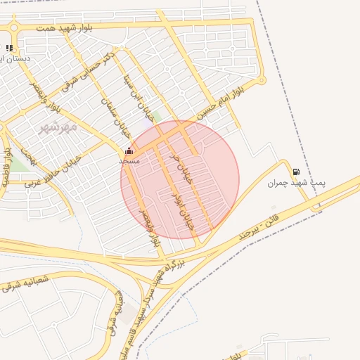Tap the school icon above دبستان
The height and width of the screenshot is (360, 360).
(x=9, y=48)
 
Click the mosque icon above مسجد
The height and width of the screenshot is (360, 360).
(x=129, y=151)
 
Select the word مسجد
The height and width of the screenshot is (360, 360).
(x=129, y=161)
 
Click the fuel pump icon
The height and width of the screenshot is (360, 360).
(x=295, y=172)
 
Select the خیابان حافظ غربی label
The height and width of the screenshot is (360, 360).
(x=53, y=169)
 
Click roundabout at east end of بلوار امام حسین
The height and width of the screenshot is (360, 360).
(x=262, y=80)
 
